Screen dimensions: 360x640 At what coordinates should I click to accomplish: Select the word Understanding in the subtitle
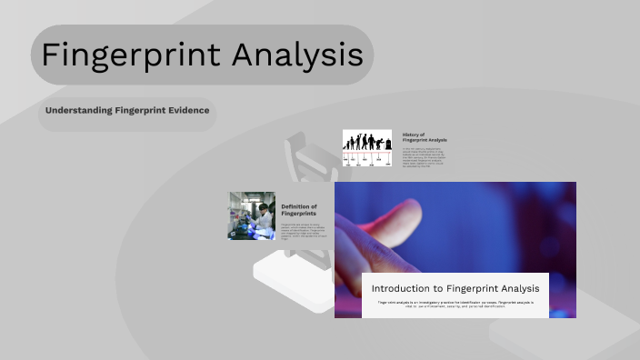pos(79,111)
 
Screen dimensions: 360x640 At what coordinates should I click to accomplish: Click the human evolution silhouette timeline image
pos(366,146)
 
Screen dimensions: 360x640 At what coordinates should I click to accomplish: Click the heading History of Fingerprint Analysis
pos(424,137)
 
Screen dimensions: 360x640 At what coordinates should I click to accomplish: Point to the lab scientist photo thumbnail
pos(251,215)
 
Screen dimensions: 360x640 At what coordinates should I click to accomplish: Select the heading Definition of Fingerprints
pos(298,210)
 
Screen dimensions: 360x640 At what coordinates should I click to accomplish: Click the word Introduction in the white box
pos(400,288)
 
